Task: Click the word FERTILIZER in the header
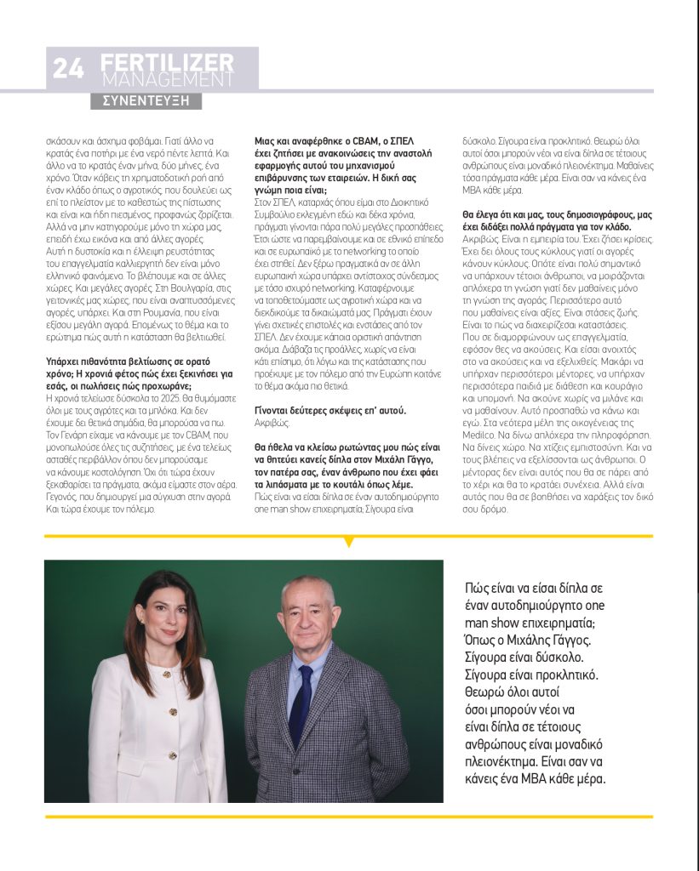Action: (166, 62)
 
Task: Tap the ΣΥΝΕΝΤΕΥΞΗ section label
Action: (146, 100)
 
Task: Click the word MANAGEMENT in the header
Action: (166, 79)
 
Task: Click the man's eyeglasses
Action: (307, 612)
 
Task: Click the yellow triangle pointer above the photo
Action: (348, 541)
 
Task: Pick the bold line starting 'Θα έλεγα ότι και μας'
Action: (557, 221)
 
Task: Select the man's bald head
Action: (307, 587)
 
